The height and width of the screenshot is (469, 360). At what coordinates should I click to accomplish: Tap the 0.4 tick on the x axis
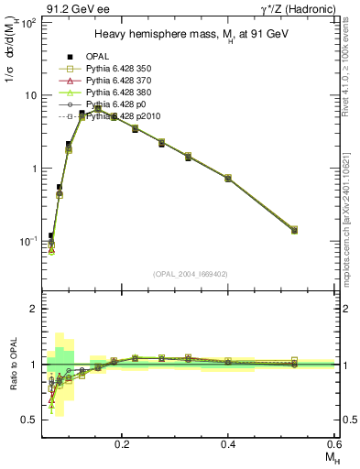pyautogui.click(x=228, y=442)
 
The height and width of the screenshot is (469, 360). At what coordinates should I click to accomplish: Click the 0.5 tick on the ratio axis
pyautogui.click(x=31, y=420)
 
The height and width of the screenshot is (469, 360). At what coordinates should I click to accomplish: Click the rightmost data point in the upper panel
pyautogui.click(x=320, y=230)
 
